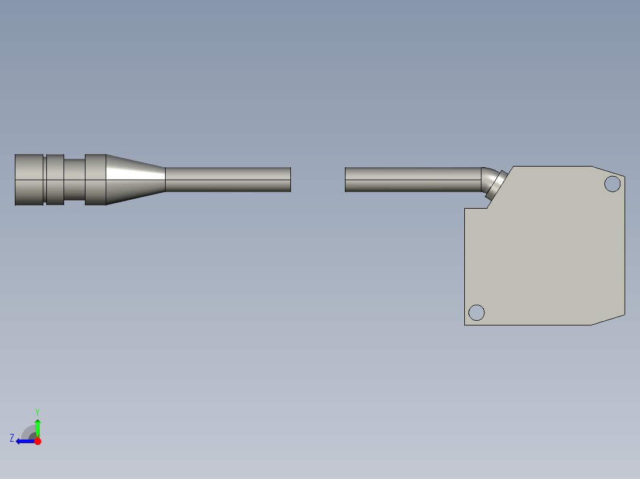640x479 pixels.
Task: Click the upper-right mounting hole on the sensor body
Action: (x=612, y=184)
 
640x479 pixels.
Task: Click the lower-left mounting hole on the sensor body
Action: (x=476, y=312)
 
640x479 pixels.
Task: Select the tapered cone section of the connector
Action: (x=135, y=180)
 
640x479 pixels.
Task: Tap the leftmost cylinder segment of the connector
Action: (x=29, y=180)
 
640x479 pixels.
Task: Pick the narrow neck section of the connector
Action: (x=74, y=180)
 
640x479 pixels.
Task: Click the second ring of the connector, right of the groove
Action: (x=55, y=180)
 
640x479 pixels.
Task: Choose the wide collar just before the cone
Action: (x=95, y=180)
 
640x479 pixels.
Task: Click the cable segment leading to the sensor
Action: (x=413, y=180)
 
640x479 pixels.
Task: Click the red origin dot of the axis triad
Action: (x=37, y=441)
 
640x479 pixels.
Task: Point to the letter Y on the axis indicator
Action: (x=37, y=412)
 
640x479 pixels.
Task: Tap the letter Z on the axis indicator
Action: (x=12, y=438)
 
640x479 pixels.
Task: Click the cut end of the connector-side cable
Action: (x=290, y=180)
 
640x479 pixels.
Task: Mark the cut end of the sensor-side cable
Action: (x=346, y=180)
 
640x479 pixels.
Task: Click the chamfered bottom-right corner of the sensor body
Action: (x=609, y=320)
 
